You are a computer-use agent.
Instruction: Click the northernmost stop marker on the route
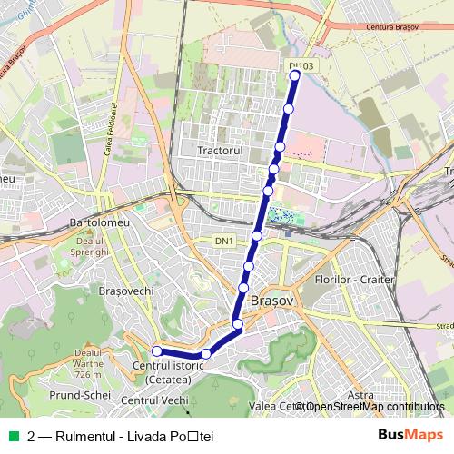coord(295,76)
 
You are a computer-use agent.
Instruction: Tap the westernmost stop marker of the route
coord(156,351)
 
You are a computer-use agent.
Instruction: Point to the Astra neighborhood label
coord(360,396)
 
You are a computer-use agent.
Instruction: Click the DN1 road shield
coord(224,240)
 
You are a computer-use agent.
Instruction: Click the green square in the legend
coord(13,435)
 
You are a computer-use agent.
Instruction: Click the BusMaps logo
coord(410,435)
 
